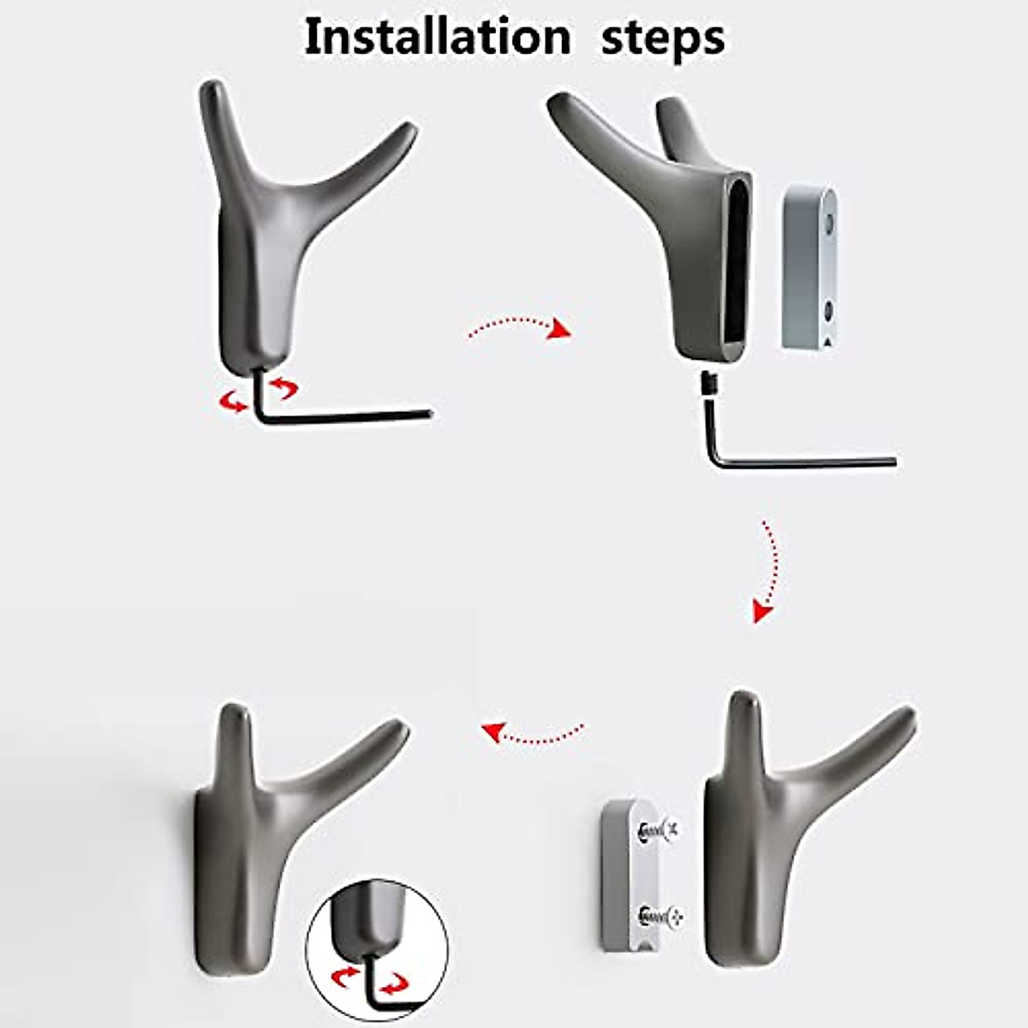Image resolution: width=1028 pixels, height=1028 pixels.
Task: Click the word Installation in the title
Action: pos(437,38)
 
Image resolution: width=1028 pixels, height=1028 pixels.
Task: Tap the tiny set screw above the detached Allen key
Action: pos(708,383)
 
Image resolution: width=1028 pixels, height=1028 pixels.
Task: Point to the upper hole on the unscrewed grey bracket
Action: pos(828,225)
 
